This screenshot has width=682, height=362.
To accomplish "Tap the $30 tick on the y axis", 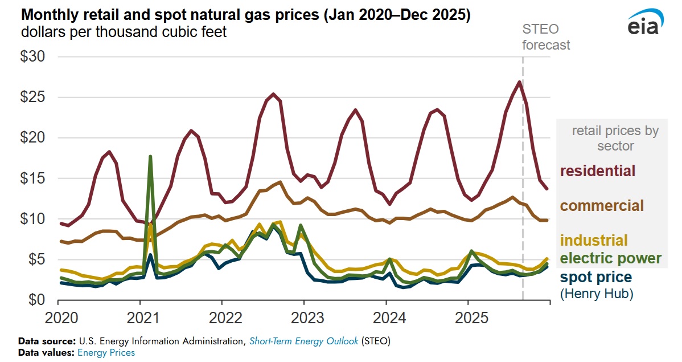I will click(x=37, y=57).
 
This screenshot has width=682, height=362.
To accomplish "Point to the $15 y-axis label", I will click(x=37, y=178).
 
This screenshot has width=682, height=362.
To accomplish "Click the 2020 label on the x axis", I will click(x=59, y=318).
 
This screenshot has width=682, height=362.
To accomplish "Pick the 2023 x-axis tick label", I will click(x=303, y=318).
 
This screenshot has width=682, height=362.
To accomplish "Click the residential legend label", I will click(x=598, y=170).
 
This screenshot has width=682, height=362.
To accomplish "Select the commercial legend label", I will click(x=602, y=205).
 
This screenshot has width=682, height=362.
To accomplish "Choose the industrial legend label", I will click(x=594, y=241).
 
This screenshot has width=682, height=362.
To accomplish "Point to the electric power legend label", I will click(x=611, y=258).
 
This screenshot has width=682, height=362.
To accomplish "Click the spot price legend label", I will click(x=596, y=278).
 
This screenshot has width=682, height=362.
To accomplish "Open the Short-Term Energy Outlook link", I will click(x=303, y=341).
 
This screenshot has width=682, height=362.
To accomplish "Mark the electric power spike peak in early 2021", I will click(x=150, y=156).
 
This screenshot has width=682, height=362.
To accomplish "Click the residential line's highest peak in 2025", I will click(x=519, y=82).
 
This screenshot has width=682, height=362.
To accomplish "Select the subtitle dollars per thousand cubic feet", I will click(x=124, y=32).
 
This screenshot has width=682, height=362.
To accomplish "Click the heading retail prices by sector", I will click(x=615, y=139).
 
